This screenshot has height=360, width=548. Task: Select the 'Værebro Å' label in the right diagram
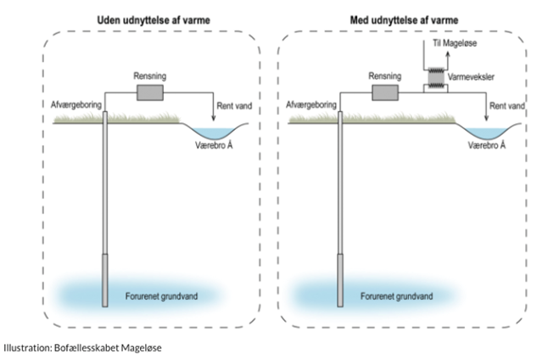pos(488,145)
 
